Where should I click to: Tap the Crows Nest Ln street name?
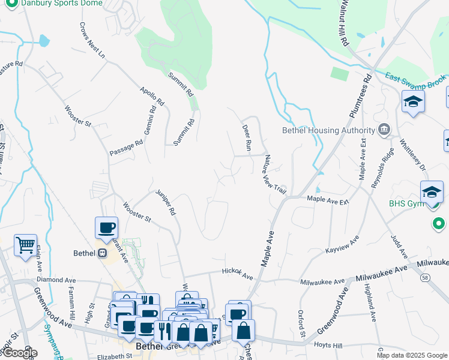(x=92, y=41)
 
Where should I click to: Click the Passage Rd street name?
(x=126, y=148)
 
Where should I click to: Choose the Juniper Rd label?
(x=166, y=203)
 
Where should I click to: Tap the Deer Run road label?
(x=246, y=137)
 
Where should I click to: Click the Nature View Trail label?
(x=274, y=174)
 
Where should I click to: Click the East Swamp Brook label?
(x=415, y=78)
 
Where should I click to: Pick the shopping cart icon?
(x=25, y=245)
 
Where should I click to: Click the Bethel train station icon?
(x=103, y=253)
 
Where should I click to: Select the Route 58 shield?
(x=425, y=278)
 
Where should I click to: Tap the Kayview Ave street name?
(x=342, y=244)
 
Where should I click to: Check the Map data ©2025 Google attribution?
(x=412, y=355)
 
